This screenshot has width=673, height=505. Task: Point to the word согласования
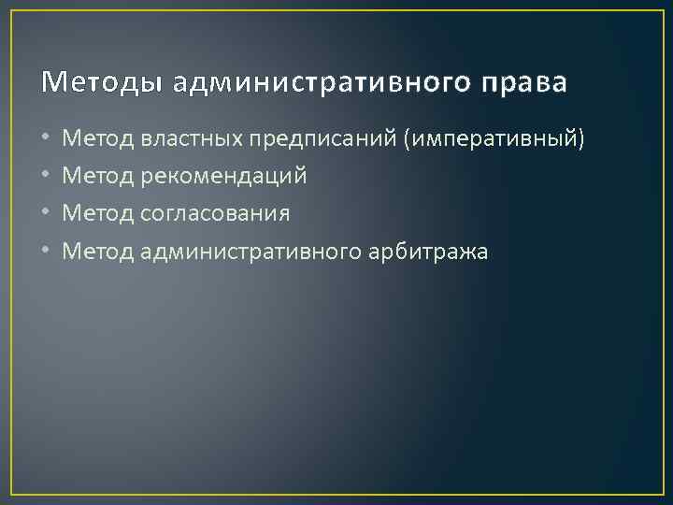(x=215, y=214)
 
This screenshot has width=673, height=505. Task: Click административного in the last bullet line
(x=247, y=252)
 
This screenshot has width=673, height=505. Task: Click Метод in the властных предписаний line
(x=97, y=139)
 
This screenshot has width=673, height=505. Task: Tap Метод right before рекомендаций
(x=97, y=177)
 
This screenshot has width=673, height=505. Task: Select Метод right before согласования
(x=97, y=214)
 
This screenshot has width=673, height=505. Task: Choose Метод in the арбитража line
(x=97, y=252)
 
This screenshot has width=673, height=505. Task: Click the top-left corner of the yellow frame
(x=12, y=11)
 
